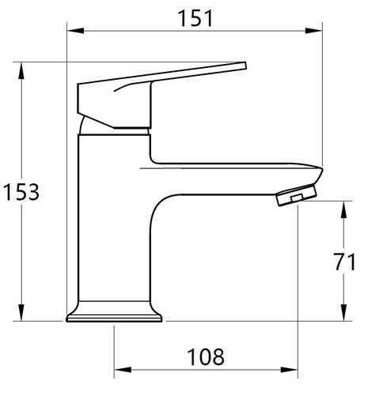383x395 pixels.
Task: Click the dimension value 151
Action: click(x=195, y=18)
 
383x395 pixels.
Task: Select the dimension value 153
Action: click(x=21, y=192)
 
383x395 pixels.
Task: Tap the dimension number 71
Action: click(x=344, y=261)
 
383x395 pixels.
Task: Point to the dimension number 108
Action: click(x=206, y=356)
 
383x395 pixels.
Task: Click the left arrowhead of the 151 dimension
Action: click(x=76, y=31)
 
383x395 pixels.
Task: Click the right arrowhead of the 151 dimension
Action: click(x=313, y=31)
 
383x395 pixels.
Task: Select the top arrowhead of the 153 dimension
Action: click(x=21, y=70)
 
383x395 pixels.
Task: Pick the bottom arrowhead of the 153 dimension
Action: click(x=21, y=313)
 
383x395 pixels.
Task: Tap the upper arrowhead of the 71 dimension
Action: click(x=343, y=209)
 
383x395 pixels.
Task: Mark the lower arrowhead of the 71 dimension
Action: click(x=343, y=313)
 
